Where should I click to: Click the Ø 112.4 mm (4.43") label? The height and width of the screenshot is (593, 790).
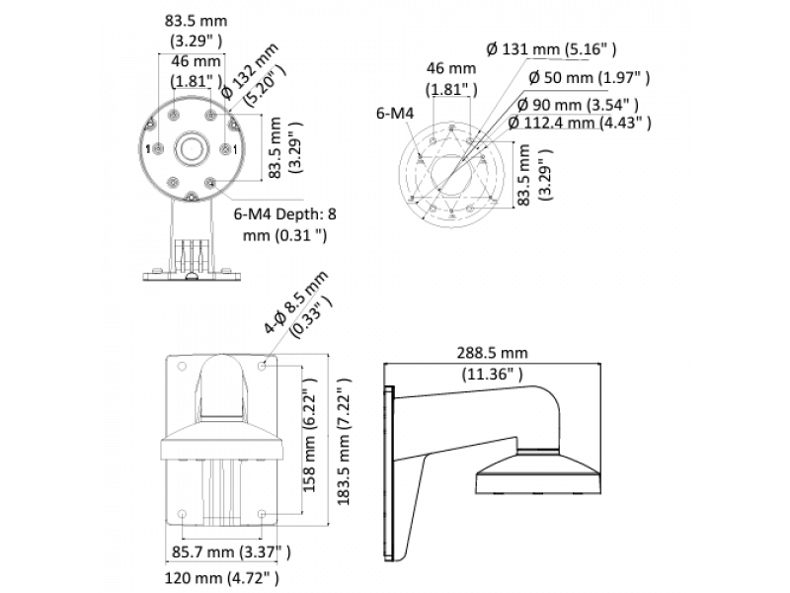pos(579,123)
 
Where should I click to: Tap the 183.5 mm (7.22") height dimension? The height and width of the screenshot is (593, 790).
pos(343,446)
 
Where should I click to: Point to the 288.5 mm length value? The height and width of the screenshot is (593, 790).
pos(491,353)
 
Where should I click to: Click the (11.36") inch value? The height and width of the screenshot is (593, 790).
pos(491,374)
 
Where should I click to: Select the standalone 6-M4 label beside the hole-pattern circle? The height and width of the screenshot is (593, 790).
pos(394,114)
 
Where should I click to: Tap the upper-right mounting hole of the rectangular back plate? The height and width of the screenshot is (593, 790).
pos(262,367)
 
